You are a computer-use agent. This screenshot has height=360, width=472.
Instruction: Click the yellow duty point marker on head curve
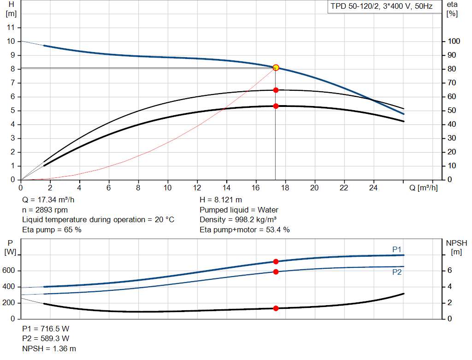[276, 68]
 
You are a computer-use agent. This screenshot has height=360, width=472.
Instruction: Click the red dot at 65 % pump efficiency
[276, 90]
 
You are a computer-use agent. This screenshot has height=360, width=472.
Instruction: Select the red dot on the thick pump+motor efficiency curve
[276, 106]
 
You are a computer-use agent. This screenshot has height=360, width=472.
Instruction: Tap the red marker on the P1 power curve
[276, 261]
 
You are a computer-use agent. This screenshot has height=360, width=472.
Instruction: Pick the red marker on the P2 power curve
[276, 271]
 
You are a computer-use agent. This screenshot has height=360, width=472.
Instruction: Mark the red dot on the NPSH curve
[276, 308]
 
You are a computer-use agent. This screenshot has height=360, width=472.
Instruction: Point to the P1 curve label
[397, 249]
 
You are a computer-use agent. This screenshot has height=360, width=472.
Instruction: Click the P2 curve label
[397, 272]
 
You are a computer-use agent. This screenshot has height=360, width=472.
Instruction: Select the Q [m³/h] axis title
[424, 188]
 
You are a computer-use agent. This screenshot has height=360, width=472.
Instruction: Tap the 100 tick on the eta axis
[454, 41]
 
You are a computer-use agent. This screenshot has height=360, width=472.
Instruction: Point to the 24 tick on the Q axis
[373, 188]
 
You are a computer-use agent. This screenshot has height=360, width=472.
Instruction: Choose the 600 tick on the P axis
[9, 271]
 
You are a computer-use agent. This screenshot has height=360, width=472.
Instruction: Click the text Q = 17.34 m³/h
[48, 200]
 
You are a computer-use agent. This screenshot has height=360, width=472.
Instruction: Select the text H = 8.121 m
[221, 200]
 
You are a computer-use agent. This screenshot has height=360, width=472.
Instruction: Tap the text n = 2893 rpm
[45, 210]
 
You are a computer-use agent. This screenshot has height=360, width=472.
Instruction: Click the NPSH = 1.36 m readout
[49, 348]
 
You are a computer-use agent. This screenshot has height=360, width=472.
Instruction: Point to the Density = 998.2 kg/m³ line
[238, 219]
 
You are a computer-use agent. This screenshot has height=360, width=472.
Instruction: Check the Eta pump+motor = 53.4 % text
[245, 230]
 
